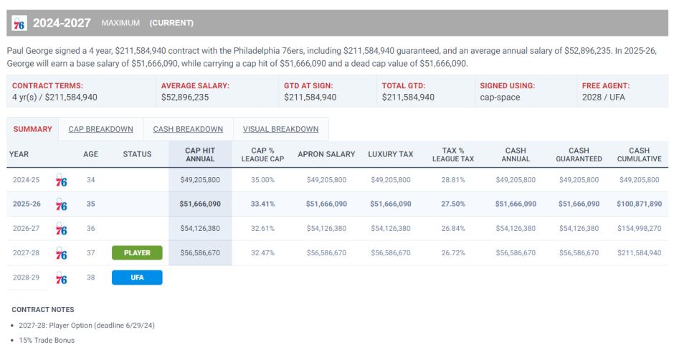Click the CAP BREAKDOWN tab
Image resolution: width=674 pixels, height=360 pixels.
tap(100, 129)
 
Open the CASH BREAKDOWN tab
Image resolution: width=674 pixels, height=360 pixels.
tap(188, 129)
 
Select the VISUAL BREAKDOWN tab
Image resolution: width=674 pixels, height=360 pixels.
tap(280, 129)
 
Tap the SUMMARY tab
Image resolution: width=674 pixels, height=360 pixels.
tap(32, 129)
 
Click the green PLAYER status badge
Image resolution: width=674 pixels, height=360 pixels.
tap(137, 252)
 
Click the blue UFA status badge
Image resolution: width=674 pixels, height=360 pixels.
tap(137, 278)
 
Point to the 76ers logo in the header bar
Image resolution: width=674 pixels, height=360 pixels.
tap(19, 24)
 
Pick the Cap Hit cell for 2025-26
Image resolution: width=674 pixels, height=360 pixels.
tap(200, 204)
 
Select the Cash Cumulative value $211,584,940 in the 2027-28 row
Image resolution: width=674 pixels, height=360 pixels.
tap(639, 252)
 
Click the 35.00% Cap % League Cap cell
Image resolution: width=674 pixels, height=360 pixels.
tap(262, 179)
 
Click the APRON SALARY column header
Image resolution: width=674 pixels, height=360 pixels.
tap(326, 154)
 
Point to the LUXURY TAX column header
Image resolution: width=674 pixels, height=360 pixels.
tap(390, 154)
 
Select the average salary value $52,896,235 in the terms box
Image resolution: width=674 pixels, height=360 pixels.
tap(185, 97)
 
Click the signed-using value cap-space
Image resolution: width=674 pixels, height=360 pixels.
tap(499, 97)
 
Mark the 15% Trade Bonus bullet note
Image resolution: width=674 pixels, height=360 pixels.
tap(47, 340)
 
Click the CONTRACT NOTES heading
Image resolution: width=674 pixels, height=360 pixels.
tap(42, 309)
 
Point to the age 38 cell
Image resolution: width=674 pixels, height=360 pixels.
tap(90, 278)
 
